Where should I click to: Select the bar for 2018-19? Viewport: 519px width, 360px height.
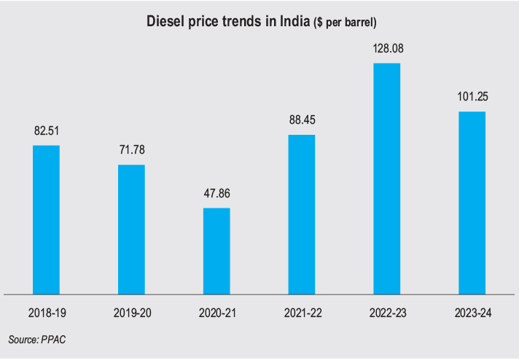point(46,219)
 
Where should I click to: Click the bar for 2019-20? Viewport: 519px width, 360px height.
point(131,229)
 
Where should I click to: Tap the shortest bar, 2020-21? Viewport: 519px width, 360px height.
point(216,251)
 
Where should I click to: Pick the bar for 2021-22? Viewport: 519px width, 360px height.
point(302,214)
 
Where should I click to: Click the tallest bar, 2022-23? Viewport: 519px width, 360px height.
point(386,179)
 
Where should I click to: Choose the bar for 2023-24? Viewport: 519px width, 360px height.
point(472,203)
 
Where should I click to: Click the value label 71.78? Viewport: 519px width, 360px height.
point(131,152)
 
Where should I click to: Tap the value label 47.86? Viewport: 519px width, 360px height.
point(216,195)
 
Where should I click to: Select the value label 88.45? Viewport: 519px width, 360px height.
point(302,121)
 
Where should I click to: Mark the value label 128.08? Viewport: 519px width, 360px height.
point(386,50)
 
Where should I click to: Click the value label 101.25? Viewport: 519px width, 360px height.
point(472,98)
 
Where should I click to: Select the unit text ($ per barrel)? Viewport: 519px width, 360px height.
point(345,23)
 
